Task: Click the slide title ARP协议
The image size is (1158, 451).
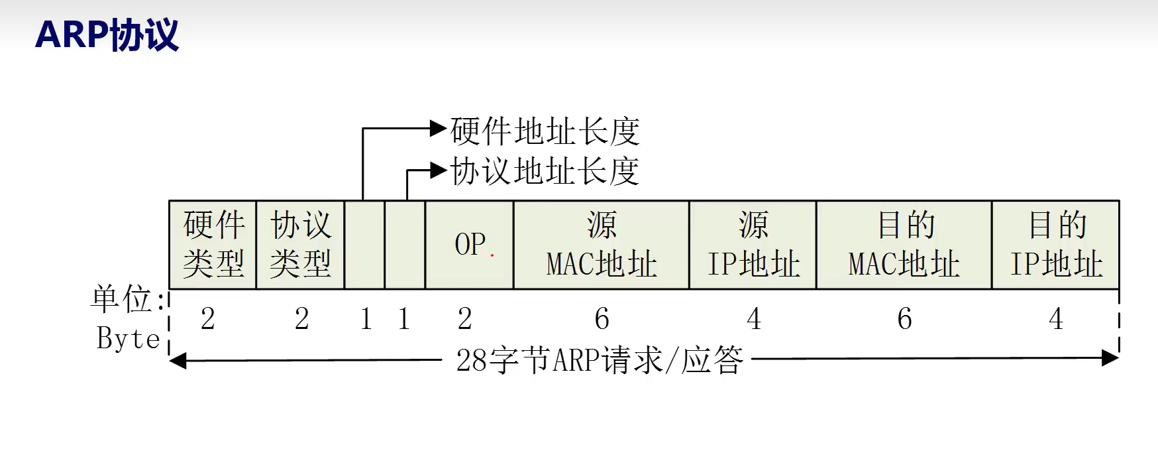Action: pos(107,34)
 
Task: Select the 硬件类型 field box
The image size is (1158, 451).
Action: pos(213,244)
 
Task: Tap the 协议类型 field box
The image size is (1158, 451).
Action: pos(300,244)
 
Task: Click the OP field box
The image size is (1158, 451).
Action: pos(469,244)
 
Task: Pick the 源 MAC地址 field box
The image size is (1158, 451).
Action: pos(601,244)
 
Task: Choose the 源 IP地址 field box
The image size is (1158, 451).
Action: pos(753,244)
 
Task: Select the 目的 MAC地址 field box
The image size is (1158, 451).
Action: pos(904,244)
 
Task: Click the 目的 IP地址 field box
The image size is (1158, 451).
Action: pos(1055,244)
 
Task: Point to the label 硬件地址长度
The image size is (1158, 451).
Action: pos(545,131)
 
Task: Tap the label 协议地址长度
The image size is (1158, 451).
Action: pos(545,171)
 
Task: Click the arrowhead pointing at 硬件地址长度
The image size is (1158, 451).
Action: pos(439,128)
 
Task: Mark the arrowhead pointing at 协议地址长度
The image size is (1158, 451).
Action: pos(439,170)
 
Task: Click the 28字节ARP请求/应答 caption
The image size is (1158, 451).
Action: pos(600,360)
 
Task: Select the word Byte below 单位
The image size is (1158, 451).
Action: pos(128,338)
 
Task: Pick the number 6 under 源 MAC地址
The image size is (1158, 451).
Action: pos(602,319)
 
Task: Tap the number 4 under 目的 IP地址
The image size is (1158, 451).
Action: pos(1056,319)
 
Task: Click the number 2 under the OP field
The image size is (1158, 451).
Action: pos(465,319)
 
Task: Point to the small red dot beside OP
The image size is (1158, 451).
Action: pos(492,255)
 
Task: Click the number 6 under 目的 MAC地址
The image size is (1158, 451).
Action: pos(904,319)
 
